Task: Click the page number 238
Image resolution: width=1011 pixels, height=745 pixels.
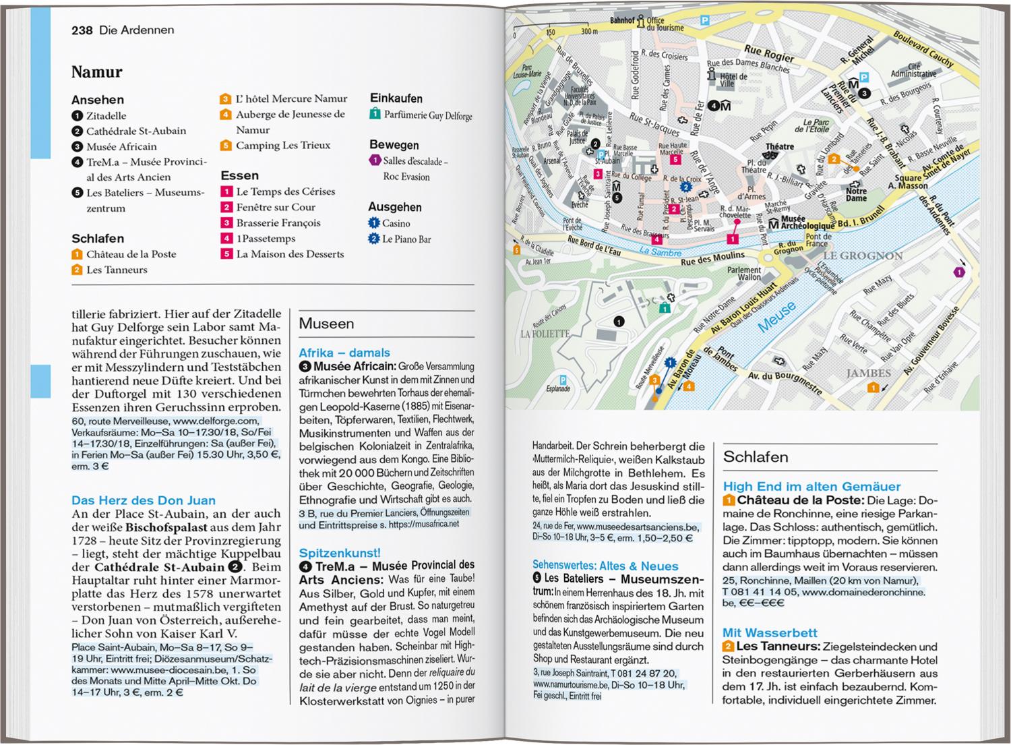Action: tap(82, 30)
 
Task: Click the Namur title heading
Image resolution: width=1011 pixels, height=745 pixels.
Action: tap(97, 72)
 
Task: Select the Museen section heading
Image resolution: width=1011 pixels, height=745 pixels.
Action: tap(326, 324)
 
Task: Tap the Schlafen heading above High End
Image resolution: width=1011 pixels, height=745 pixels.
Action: tap(756, 457)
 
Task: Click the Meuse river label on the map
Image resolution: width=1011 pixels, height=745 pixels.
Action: tap(776, 317)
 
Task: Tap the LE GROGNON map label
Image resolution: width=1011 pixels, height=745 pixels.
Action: tap(863, 256)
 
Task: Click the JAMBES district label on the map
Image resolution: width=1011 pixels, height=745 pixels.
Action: tap(868, 373)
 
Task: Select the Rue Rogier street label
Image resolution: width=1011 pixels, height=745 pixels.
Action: tap(769, 53)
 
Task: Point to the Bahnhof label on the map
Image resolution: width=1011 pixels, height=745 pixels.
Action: tap(622, 21)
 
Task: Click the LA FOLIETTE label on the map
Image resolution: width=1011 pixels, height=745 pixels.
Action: tap(545, 333)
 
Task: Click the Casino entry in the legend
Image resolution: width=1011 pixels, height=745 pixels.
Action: tap(396, 223)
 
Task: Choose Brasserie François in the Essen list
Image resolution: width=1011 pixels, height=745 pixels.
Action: tap(278, 223)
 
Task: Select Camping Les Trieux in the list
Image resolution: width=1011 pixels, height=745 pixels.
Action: tap(283, 146)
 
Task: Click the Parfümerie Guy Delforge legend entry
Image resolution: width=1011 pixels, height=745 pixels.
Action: tap(428, 115)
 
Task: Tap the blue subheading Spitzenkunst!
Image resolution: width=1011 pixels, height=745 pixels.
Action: tap(340, 553)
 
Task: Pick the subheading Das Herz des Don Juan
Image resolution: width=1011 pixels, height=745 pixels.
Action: tap(144, 500)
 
